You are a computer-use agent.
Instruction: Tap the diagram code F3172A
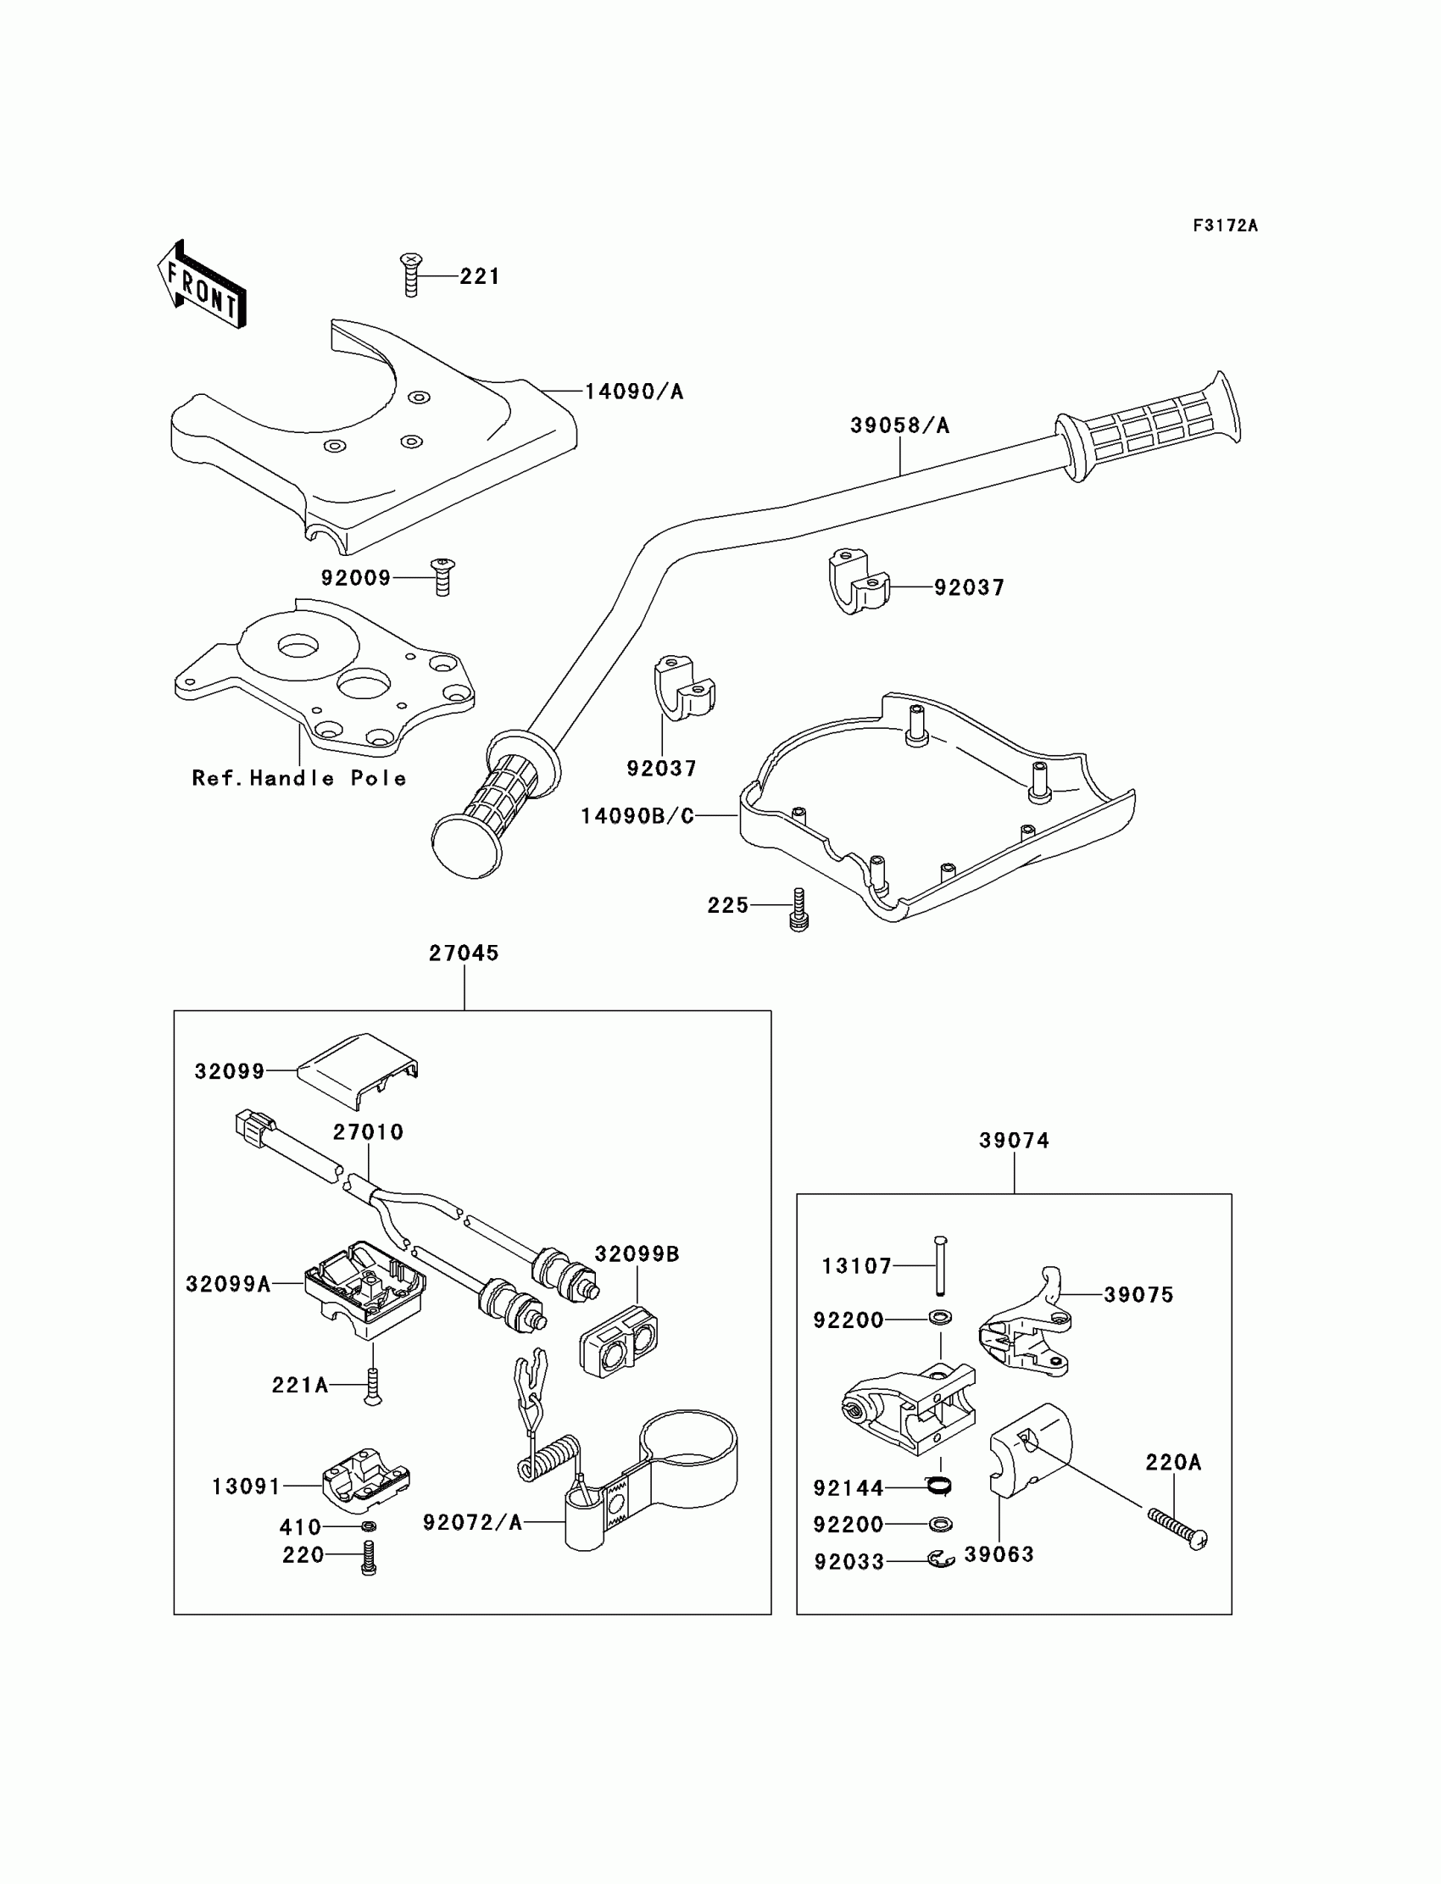[1225, 225]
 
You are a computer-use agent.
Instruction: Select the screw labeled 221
[412, 275]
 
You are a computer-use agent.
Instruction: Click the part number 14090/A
[634, 392]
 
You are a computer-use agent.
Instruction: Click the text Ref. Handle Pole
[298, 778]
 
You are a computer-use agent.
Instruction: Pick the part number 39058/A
[899, 425]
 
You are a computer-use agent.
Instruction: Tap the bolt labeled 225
[798, 910]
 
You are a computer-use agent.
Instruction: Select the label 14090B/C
[637, 815]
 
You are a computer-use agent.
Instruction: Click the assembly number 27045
[464, 953]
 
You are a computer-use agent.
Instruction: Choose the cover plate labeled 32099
[358, 1070]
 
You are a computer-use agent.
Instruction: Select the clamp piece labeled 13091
[365, 1480]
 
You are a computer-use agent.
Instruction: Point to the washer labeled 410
[369, 1526]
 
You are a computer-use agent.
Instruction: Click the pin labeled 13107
[940, 1264]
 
